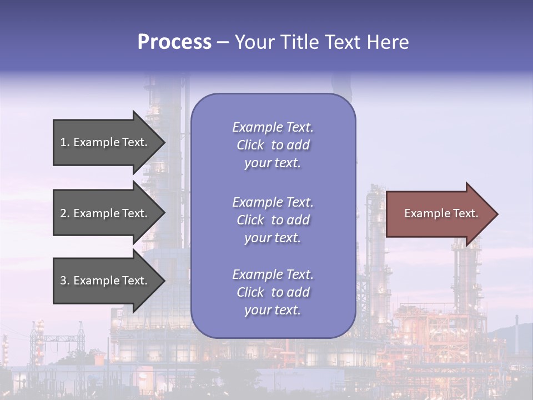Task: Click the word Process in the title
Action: click(174, 42)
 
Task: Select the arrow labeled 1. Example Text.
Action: click(105, 142)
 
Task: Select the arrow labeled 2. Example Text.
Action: click(105, 213)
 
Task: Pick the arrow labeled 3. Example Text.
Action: click(105, 281)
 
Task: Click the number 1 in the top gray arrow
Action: click(63, 142)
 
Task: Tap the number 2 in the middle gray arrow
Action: click(63, 213)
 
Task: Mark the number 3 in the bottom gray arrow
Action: click(63, 281)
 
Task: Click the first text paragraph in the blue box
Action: click(273, 145)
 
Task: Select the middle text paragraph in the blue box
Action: click(273, 220)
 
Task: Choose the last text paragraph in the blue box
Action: click(273, 292)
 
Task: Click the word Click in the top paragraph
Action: click(250, 145)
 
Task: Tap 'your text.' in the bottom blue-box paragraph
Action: click(273, 310)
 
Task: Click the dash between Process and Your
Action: click(223, 43)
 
